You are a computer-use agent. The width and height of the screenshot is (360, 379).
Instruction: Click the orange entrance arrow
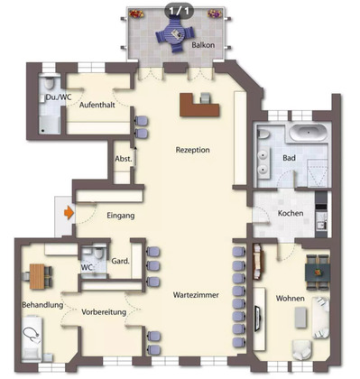tap(69, 213)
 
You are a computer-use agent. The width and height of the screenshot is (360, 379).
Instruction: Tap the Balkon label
tap(203, 45)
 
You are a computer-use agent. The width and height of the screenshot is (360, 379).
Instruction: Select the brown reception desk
tap(199, 105)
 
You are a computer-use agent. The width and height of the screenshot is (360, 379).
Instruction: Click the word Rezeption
tap(193, 150)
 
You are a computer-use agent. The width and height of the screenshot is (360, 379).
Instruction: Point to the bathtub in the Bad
tap(309, 133)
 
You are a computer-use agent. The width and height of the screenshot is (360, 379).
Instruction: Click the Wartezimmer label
tap(196, 295)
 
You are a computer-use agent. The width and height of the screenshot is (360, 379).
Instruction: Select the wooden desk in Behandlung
tap(37, 276)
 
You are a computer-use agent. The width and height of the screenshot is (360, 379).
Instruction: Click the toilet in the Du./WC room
tap(48, 82)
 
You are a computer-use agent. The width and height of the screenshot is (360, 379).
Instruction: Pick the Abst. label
tap(124, 159)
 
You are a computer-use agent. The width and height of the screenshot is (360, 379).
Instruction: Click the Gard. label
tap(121, 262)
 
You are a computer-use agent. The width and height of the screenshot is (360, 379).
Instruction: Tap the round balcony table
tap(175, 34)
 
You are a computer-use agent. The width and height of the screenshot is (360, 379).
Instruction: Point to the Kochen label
tap(291, 213)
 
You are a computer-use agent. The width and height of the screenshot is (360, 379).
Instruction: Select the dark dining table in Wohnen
tap(318, 272)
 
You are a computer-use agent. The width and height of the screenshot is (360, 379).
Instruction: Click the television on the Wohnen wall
tap(257, 319)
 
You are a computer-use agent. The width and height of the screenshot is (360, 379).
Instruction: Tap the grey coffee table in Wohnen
tap(300, 318)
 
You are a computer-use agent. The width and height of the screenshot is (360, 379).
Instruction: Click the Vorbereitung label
tap(104, 312)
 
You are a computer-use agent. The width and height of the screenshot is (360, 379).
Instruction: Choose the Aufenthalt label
tap(97, 106)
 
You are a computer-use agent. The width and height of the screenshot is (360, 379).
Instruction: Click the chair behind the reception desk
tap(206, 98)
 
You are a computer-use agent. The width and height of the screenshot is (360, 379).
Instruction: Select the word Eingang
tap(121, 216)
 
